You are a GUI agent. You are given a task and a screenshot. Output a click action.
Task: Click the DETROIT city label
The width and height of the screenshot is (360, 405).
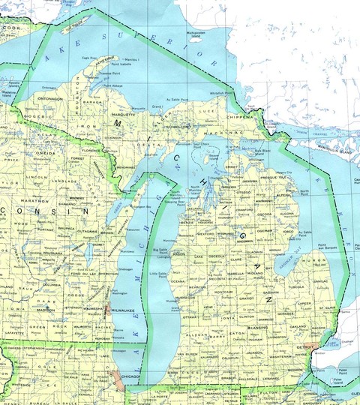(305, 348)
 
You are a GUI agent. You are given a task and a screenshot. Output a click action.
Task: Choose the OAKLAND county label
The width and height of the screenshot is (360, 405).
(298, 327)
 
